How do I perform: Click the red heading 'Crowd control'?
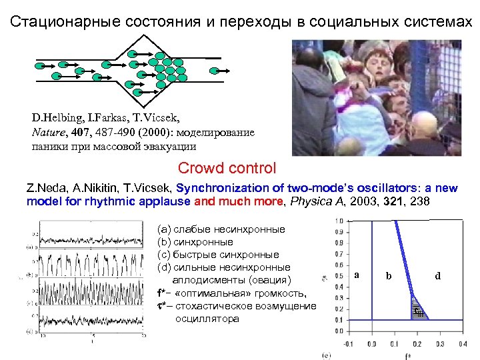click(227, 168)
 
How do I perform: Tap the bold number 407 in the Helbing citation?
click(81, 133)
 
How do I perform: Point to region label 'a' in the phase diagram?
click(357, 275)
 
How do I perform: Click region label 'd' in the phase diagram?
click(438, 275)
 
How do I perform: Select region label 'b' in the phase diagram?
click(389, 275)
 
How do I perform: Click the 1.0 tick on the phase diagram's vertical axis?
click(340, 221)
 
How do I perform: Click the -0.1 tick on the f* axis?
click(347, 344)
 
